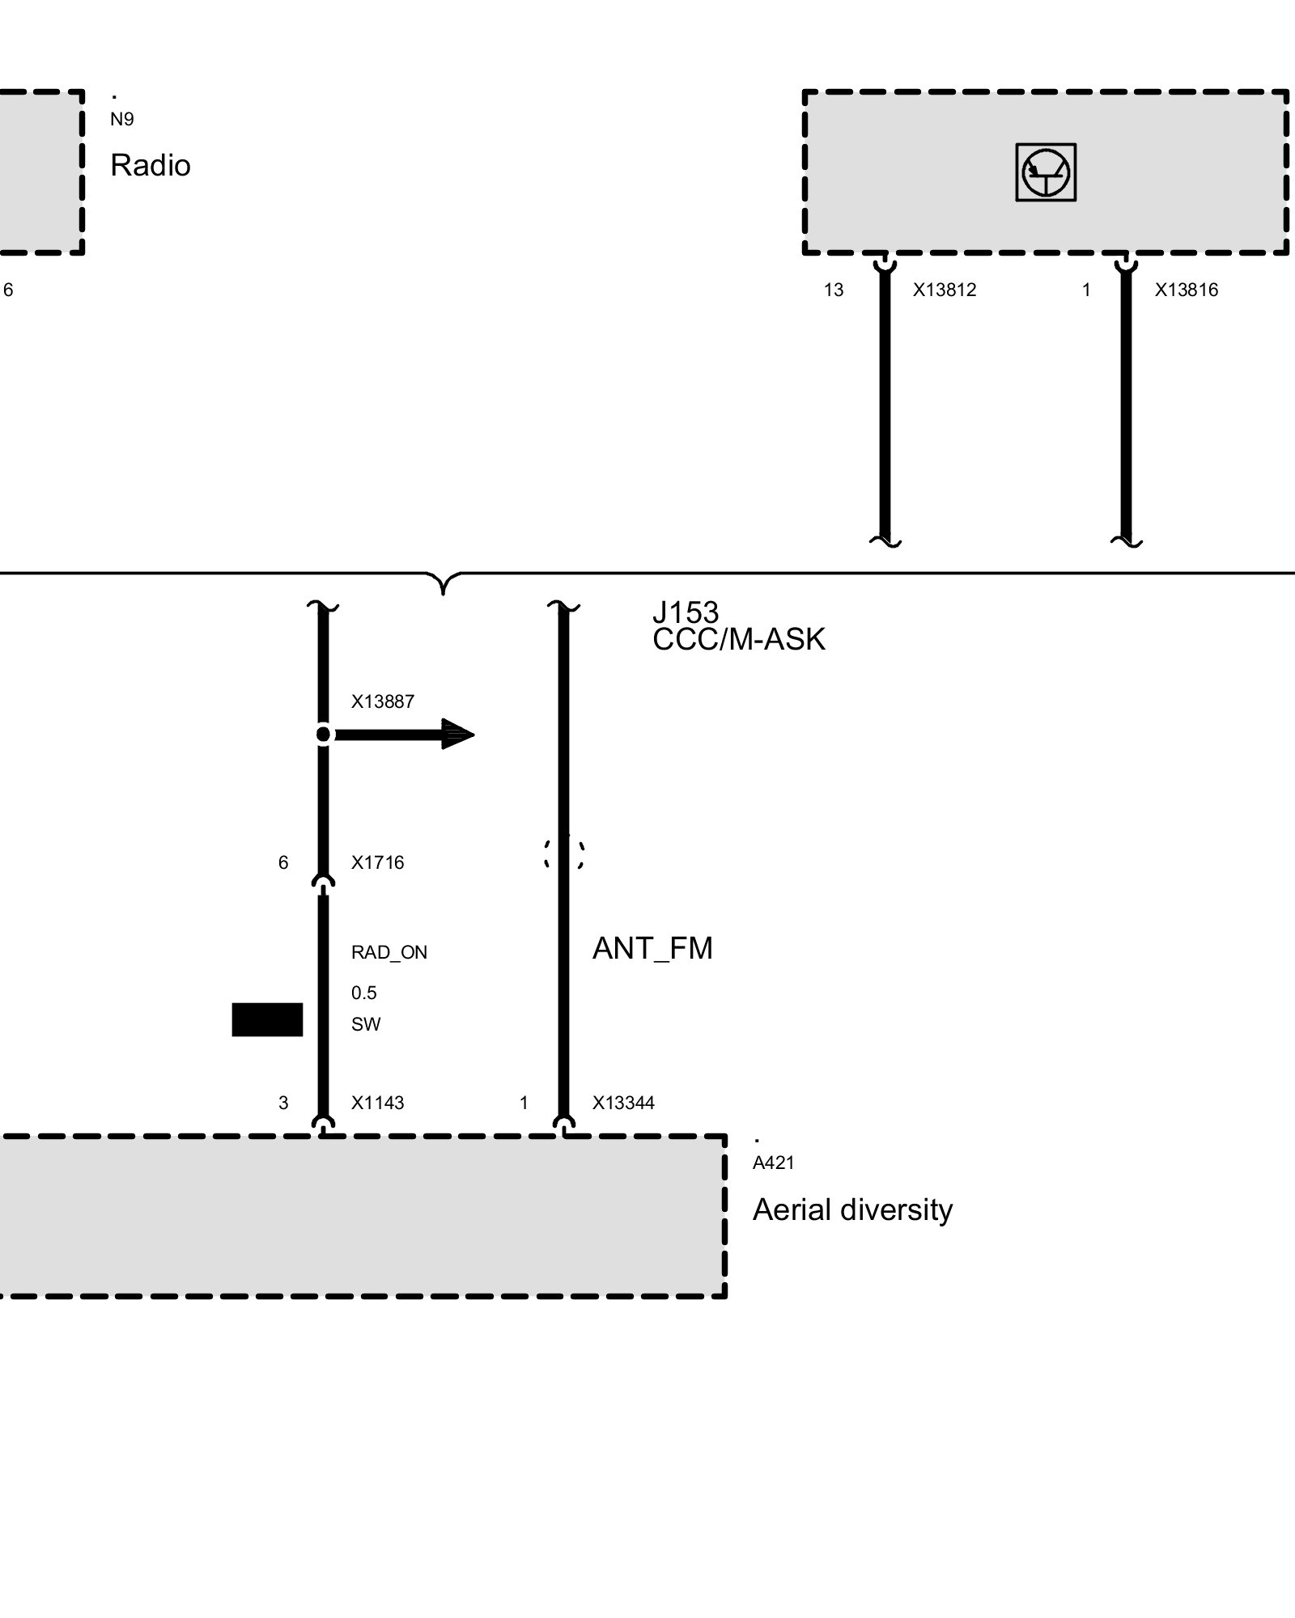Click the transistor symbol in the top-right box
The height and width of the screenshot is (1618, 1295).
1046,172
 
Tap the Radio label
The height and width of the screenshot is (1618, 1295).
151,166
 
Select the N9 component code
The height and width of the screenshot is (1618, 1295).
122,120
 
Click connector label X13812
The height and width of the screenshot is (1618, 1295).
945,290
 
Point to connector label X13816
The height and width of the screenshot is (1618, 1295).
1186,290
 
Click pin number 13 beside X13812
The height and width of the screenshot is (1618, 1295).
834,290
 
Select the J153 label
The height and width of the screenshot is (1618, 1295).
686,612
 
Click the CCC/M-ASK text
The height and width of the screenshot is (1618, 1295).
739,640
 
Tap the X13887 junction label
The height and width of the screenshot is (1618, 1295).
383,702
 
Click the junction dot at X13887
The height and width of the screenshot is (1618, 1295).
323,735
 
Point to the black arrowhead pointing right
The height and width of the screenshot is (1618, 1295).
458,735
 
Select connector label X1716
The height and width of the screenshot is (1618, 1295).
377,863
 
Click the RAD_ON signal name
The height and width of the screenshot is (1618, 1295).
389,953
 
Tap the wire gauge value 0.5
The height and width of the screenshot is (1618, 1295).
364,993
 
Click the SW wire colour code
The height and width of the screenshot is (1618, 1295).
366,1025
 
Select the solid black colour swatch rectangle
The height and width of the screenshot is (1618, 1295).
267,1019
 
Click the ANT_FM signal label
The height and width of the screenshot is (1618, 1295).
652,948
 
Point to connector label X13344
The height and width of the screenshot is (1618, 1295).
623,1103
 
